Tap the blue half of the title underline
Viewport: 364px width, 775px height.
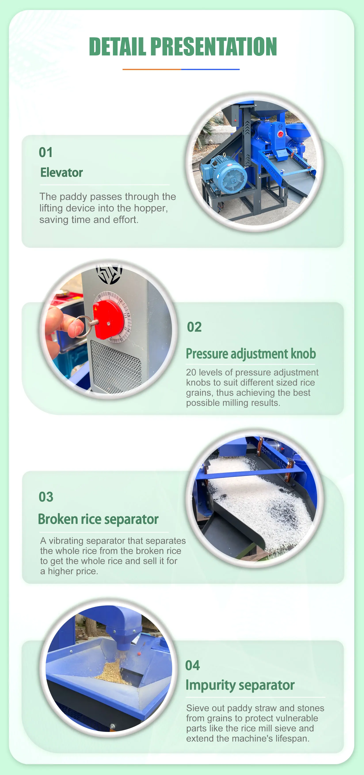(210, 69)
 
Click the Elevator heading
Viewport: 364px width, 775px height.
(61, 173)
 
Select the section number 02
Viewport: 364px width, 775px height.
(194, 327)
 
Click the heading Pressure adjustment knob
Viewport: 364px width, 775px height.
(250, 354)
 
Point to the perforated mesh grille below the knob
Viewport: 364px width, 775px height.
(116, 366)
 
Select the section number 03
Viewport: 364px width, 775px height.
(46, 497)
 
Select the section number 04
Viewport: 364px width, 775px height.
(192, 665)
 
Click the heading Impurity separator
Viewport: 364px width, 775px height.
(240, 685)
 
